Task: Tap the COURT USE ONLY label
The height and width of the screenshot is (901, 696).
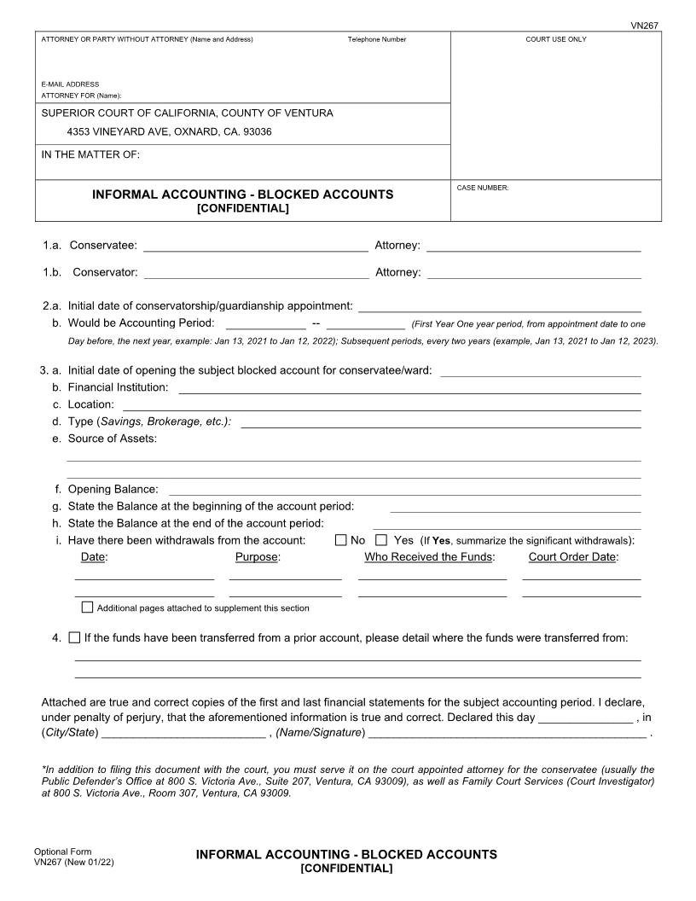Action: pyautogui.click(x=555, y=39)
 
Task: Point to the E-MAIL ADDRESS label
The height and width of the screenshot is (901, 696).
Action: pyautogui.click(x=70, y=84)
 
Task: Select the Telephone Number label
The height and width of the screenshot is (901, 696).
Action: pyautogui.click(x=376, y=39)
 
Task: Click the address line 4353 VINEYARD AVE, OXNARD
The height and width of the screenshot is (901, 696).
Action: pyautogui.click(x=169, y=132)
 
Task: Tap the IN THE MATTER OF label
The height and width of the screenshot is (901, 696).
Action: pyautogui.click(x=90, y=154)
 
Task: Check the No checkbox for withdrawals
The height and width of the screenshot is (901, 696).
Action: pyautogui.click(x=341, y=540)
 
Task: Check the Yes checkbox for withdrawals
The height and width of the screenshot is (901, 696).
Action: pyautogui.click(x=381, y=540)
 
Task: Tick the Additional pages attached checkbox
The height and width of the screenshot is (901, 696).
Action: pyautogui.click(x=87, y=607)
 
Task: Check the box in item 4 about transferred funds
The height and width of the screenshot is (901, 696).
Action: pyautogui.click(x=74, y=637)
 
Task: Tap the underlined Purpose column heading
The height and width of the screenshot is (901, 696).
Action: pyautogui.click(x=258, y=557)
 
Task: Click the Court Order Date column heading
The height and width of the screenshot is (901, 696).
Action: pyautogui.click(x=573, y=557)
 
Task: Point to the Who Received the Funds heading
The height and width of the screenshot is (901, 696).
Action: pyautogui.click(x=429, y=557)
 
